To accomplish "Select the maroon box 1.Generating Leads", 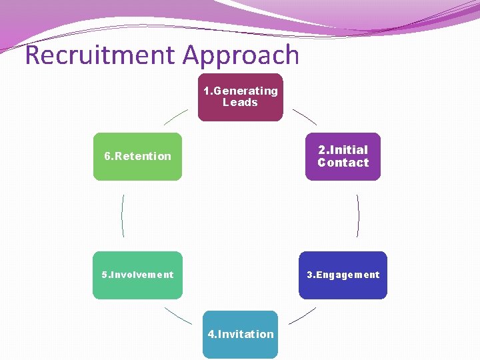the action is tap(240, 97).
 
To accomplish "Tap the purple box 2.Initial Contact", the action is tap(343, 157).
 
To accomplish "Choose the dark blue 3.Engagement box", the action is tap(343, 275).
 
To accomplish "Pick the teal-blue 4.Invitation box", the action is tap(241, 334).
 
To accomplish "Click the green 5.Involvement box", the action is tap(137, 275).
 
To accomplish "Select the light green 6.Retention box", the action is tap(137, 157).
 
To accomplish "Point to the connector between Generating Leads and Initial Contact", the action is tap(305, 117).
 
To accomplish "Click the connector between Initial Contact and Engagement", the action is tap(359, 215).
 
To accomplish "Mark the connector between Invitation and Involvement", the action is tap(177, 315).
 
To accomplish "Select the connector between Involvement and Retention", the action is tap(122, 215).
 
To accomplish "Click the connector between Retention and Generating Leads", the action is tap(176, 117).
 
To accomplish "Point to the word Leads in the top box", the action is tap(240, 103).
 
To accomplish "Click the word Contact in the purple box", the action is tap(343, 163).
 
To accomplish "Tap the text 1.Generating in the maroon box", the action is tap(241, 91).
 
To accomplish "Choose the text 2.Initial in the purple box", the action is tap(343, 150).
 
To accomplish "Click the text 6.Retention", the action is tap(137, 157).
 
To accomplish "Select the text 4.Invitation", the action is tap(241, 334).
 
